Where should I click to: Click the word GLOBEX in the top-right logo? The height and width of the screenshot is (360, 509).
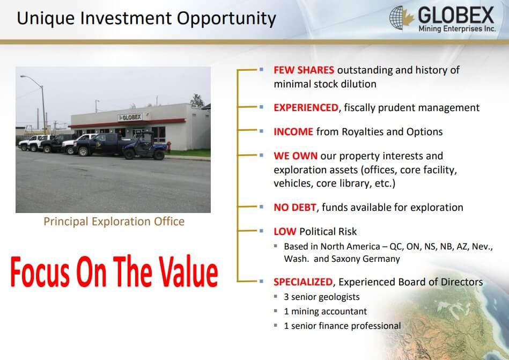456,15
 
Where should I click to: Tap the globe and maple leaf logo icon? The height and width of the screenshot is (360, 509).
402,18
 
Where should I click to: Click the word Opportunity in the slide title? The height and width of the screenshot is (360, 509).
226,19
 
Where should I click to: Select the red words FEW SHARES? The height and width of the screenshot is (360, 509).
304,70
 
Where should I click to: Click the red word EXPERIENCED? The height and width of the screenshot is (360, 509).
306,107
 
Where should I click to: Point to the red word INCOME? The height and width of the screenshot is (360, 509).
293,131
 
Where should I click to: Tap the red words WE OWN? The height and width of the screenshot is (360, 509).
296,156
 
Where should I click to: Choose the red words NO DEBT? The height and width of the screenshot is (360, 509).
295,207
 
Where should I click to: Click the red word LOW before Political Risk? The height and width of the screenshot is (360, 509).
285,231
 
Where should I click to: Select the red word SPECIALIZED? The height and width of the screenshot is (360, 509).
303,282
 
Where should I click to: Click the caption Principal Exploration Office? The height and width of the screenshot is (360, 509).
114,222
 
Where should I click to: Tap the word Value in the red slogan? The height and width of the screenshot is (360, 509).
188,271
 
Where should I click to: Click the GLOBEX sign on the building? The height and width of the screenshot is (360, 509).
130,117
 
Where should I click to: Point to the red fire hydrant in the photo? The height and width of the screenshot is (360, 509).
168,147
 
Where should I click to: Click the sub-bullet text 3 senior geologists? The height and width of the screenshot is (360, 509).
322,297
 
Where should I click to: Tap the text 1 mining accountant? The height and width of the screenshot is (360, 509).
325,311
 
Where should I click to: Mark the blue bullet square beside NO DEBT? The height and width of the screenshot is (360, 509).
261,207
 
